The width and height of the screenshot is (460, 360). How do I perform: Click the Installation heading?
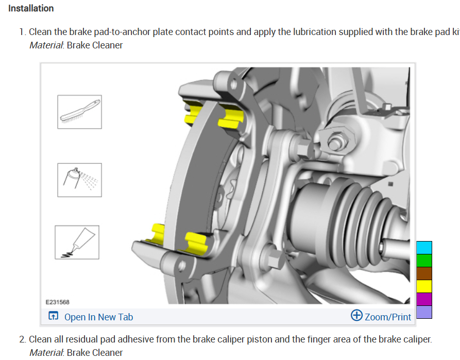point(31,8)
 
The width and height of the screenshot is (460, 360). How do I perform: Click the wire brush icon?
point(79,112)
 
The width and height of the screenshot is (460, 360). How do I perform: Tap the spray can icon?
point(79,180)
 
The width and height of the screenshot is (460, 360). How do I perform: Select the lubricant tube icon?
point(77,243)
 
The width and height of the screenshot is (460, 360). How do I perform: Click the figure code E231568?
point(58,302)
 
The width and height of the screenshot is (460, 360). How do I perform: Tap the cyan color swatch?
point(424,248)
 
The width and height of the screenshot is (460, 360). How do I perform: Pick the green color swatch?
point(424,261)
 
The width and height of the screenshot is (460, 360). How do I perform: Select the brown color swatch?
point(424,273)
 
